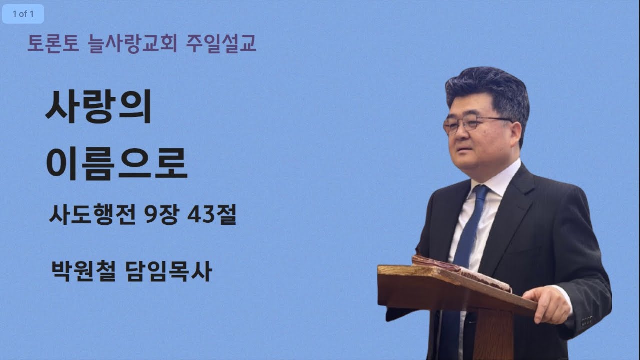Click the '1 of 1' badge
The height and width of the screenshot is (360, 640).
tap(23, 14)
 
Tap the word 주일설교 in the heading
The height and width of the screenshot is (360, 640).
tap(221, 44)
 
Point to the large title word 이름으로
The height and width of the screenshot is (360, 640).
tap(117, 162)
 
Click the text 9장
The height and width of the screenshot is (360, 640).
tap(162, 216)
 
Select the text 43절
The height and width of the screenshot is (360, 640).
tap(212, 216)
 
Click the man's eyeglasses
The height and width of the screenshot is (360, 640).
tap(470, 123)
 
